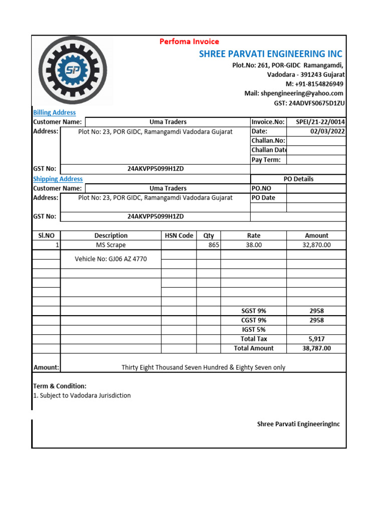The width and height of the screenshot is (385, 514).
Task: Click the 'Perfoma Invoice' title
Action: point(189,42)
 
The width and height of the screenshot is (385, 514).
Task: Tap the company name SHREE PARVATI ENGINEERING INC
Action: point(271,54)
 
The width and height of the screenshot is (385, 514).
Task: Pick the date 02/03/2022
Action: point(328,132)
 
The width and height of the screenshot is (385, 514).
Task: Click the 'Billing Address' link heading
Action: point(54,112)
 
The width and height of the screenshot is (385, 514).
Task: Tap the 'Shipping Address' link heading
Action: point(58,179)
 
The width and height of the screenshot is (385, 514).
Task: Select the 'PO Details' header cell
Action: point(298,179)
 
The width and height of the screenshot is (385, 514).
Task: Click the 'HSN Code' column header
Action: point(179,235)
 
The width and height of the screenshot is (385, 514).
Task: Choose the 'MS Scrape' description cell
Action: point(111,245)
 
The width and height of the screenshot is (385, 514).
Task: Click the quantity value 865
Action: point(214,245)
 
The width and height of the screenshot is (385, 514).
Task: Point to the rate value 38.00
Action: point(254,245)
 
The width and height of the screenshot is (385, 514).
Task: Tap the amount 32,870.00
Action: point(316,245)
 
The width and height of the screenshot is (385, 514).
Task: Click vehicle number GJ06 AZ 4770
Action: point(111,259)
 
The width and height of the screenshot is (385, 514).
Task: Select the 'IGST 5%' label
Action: point(254,330)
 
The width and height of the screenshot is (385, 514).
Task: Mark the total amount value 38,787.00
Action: point(316,348)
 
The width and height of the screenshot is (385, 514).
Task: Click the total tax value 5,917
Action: point(316,339)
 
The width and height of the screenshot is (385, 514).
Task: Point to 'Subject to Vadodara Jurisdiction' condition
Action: point(82,396)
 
